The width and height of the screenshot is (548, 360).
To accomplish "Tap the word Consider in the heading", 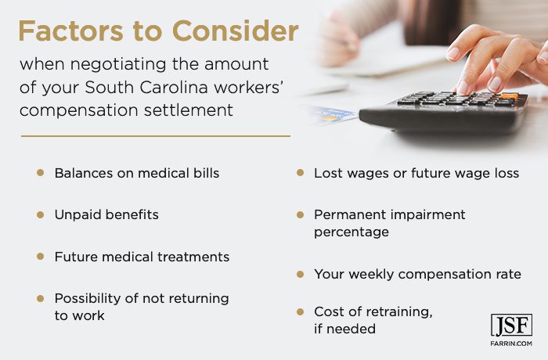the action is pyautogui.click(x=236, y=31).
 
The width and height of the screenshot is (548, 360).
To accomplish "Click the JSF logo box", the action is pyautogui.click(x=511, y=326).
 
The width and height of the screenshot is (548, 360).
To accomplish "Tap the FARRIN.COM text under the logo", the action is pyautogui.click(x=511, y=344).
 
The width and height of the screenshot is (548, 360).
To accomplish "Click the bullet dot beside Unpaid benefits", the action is pyautogui.click(x=41, y=214).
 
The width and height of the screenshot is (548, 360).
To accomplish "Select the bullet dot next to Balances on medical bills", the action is pyautogui.click(x=41, y=173).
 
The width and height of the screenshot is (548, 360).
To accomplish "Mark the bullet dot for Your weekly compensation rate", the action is pyautogui.click(x=300, y=275).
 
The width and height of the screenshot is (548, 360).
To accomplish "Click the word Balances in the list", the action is pyautogui.click(x=84, y=173).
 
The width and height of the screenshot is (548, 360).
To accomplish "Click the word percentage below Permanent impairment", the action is pyautogui.click(x=352, y=232).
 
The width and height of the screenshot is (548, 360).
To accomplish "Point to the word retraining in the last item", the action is pyautogui.click(x=398, y=311).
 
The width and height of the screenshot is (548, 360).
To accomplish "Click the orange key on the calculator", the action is pyautogui.click(x=509, y=95).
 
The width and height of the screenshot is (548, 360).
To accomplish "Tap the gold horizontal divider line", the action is pyautogui.click(x=156, y=136).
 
